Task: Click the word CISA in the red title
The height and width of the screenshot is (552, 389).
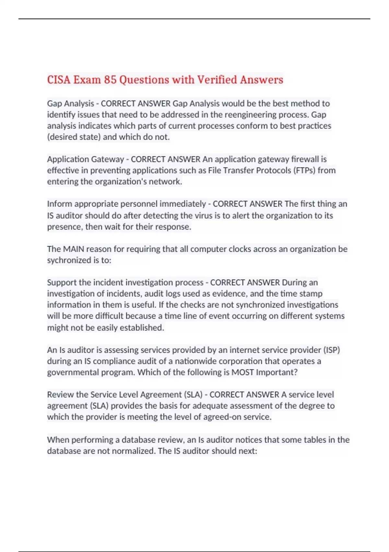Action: pyautogui.click(x=59, y=80)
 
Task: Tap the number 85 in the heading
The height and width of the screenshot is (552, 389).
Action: pyautogui.click(x=110, y=80)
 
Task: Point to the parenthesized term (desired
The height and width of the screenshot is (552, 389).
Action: pyautogui.click(x=62, y=137)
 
